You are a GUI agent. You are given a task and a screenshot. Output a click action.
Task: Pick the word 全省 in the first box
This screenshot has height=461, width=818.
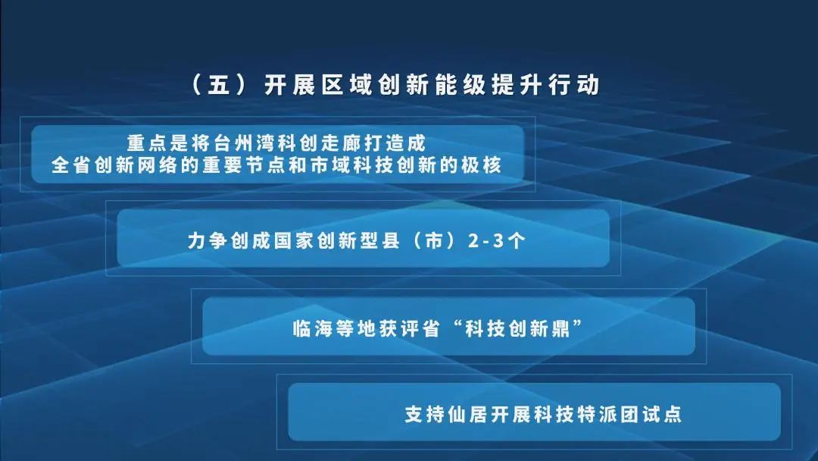point(70,165)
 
